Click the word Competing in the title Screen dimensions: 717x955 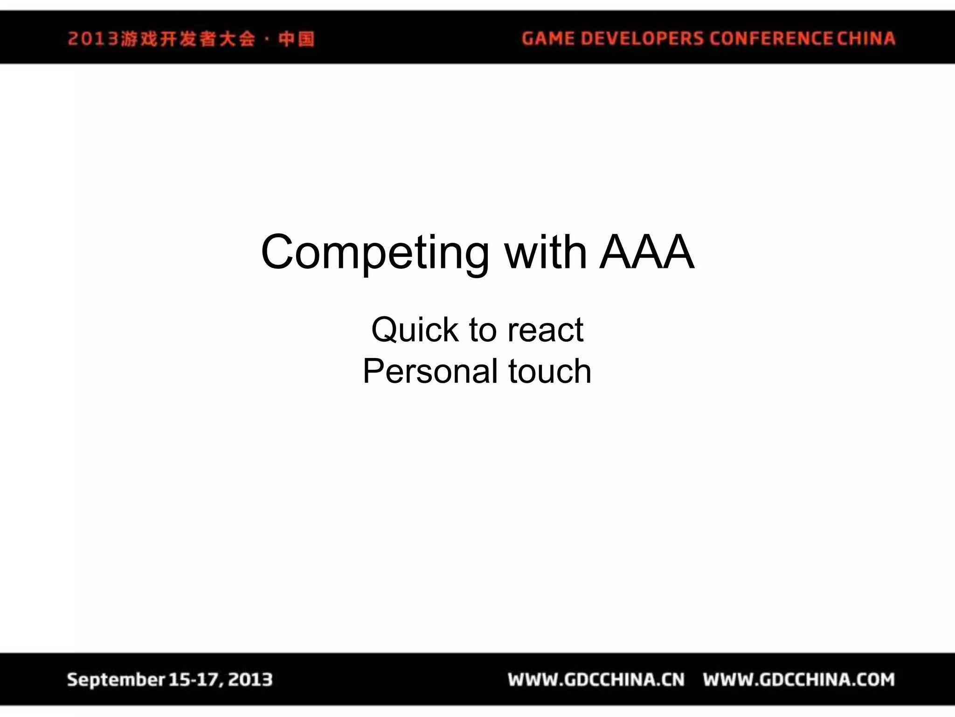tap(374, 253)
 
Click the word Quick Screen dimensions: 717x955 tap(415, 330)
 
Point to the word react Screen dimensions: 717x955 tap(545, 330)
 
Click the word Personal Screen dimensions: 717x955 tap(430, 372)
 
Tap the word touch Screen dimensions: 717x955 tap(550, 372)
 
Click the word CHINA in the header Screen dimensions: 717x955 tap(866, 38)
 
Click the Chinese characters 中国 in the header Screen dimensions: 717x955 tap(297, 39)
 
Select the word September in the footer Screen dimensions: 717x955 tap(116, 680)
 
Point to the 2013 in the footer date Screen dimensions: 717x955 tap(250, 680)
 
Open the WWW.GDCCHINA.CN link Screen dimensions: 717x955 tap(596, 680)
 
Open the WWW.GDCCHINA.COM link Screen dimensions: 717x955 tap(799, 680)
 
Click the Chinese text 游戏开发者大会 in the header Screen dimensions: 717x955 tap(188, 39)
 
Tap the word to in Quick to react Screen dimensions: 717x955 tap(482, 330)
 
